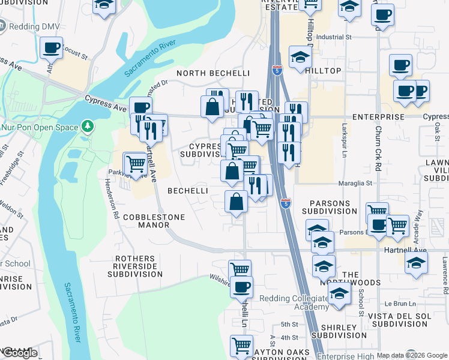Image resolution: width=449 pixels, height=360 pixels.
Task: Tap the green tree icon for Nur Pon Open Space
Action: (88, 127)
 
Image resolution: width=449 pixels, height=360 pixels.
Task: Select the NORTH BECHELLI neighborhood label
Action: (213, 73)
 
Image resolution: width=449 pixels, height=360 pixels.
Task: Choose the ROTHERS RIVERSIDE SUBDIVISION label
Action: (135, 266)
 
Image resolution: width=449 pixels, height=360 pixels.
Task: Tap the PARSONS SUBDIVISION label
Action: (329, 207)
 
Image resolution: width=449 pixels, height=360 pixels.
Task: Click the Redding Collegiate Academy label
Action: (294, 303)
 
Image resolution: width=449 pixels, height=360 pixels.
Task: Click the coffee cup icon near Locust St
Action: (52, 48)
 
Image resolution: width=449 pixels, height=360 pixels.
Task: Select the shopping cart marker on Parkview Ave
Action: (136, 163)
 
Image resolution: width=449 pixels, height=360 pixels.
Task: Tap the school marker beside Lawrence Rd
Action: (416, 263)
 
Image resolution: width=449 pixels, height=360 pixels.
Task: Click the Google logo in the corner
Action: (20, 353)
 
